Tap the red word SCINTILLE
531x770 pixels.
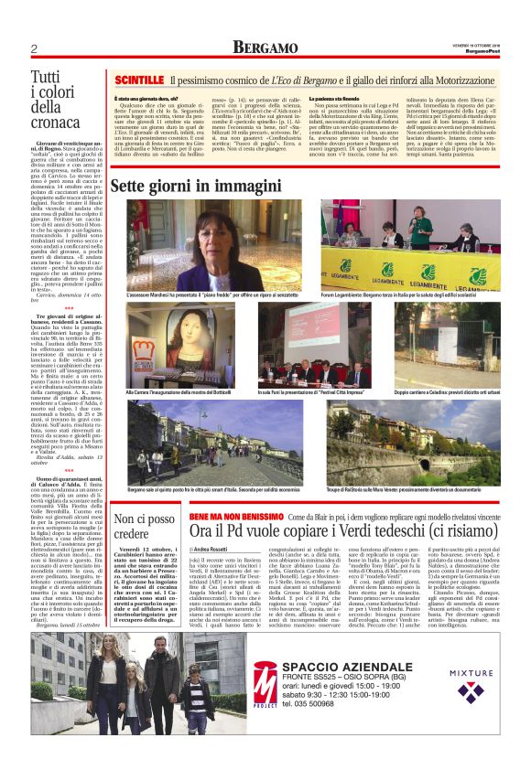(137, 82)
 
